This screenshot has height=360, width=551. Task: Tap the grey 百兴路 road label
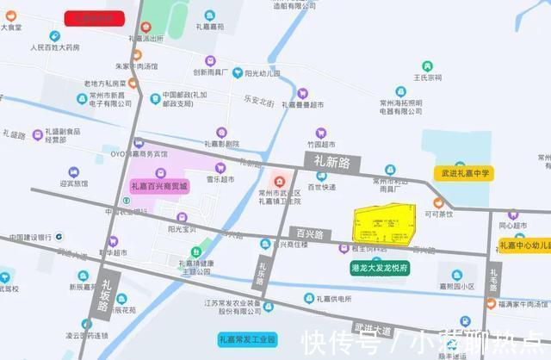pos(309,233)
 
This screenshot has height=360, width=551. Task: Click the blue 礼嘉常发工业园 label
pos(246,339)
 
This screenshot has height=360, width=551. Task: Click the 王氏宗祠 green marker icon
pos(426,65)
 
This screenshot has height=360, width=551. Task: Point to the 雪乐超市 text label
pos(220,179)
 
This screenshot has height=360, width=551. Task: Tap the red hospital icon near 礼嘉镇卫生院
pos(278,180)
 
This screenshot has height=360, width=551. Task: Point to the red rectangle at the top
pos(96,16)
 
